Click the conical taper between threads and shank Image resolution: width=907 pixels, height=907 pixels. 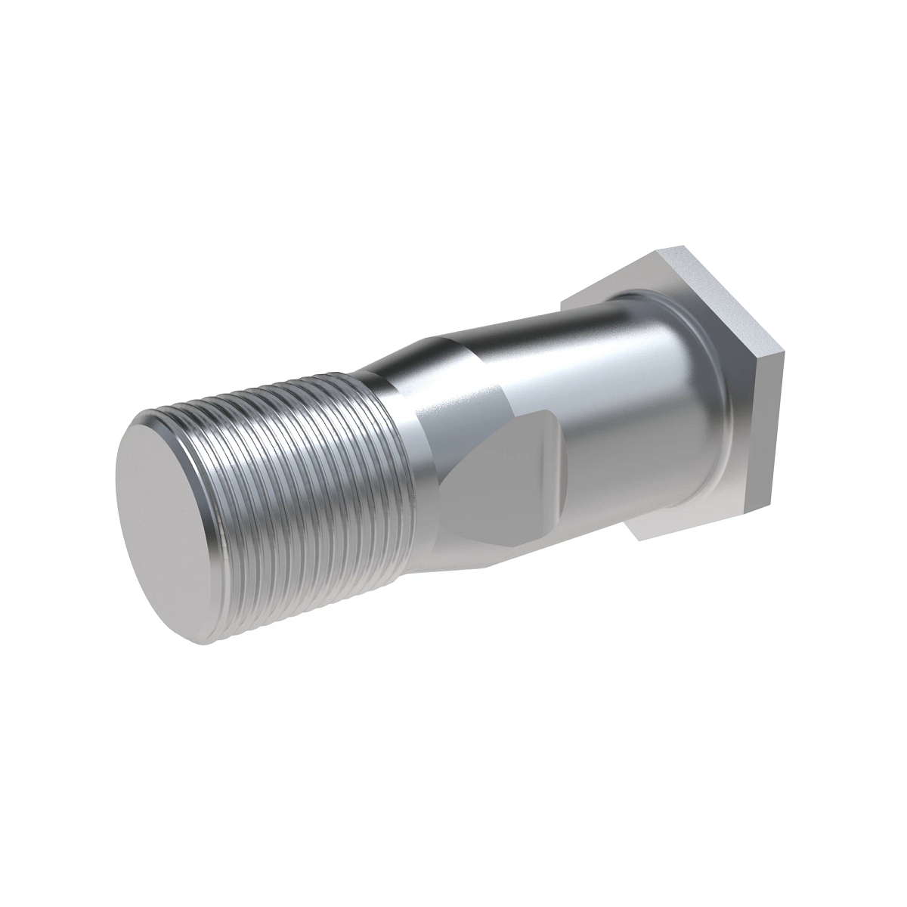coord(401,363)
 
